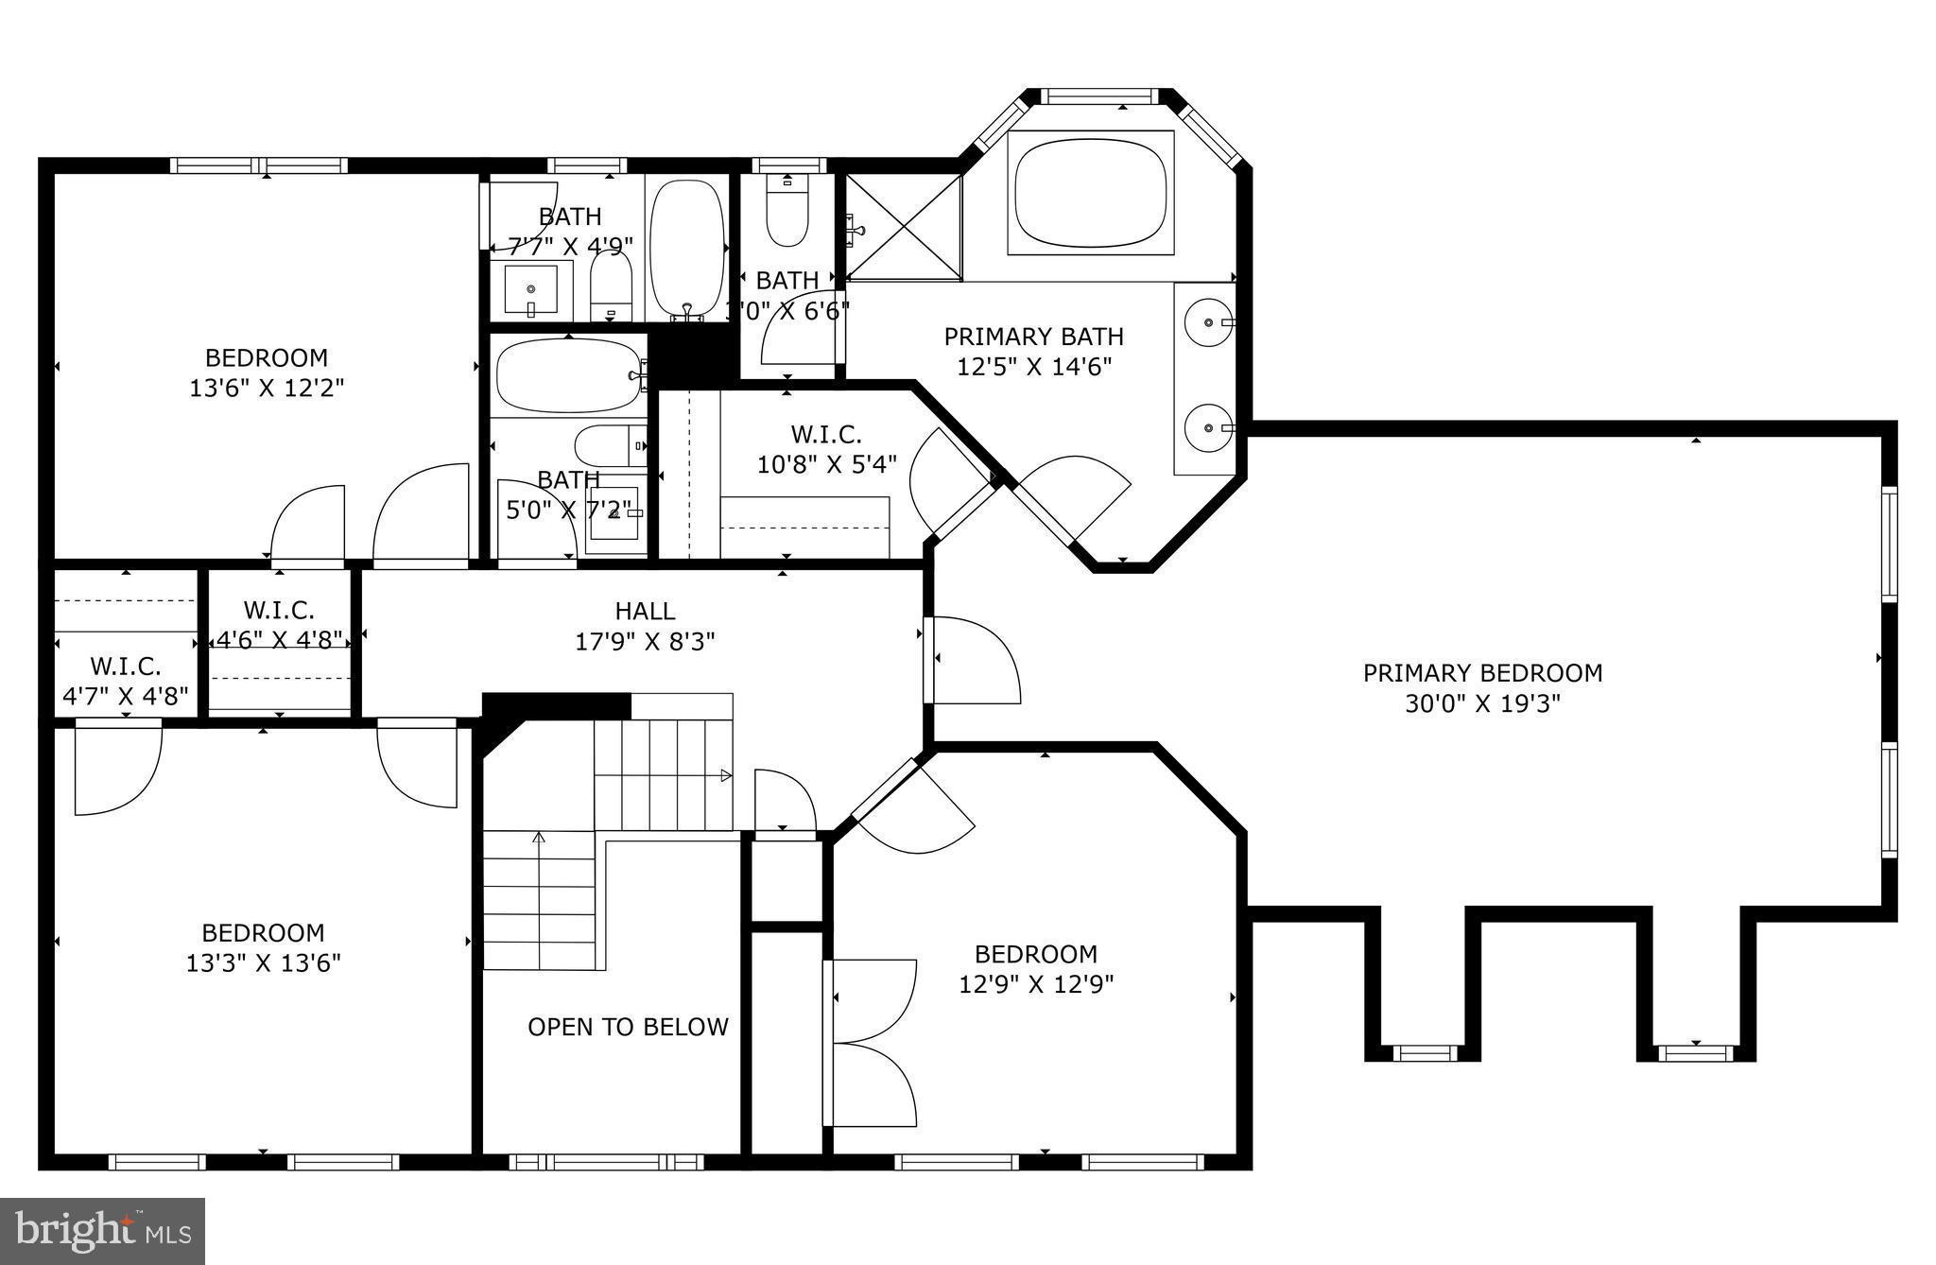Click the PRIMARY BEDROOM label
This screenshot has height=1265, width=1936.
coord(1482,673)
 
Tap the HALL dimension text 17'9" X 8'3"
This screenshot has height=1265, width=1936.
coord(645,642)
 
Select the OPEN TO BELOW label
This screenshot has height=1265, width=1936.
coord(628,1027)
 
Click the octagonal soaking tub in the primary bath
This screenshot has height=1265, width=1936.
coord(1089,193)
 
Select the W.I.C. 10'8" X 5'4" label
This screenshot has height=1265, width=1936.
coord(826,449)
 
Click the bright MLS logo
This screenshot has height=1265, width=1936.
coord(102,1230)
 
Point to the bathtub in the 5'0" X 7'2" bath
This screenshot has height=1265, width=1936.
coord(568,375)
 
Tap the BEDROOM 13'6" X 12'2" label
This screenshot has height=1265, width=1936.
coord(267,373)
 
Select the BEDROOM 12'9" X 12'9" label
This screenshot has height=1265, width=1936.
coord(1036,968)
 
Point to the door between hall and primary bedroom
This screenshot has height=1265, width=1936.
coord(974,660)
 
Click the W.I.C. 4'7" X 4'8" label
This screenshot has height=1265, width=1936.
coord(125,681)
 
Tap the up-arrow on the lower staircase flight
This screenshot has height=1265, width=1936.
coord(539,838)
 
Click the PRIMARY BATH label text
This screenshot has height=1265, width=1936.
coord(1033,337)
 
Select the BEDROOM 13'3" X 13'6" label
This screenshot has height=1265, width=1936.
coord(263,947)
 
